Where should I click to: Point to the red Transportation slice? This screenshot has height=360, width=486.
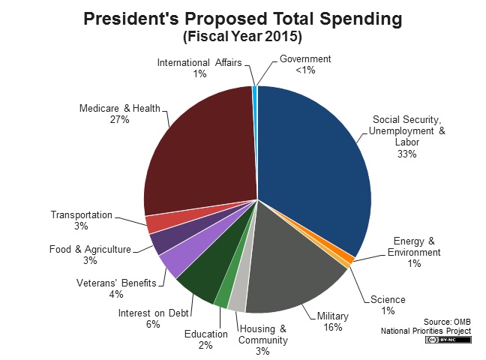(x=155, y=223)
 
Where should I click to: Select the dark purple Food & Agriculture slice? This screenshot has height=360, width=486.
(x=161, y=241)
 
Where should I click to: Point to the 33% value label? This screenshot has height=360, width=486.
(x=407, y=154)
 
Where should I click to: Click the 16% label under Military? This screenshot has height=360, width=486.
(x=334, y=327)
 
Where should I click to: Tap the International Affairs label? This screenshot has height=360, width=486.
(x=199, y=62)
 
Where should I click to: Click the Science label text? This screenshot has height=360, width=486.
(x=388, y=300)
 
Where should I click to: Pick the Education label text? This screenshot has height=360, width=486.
(x=205, y=334)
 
